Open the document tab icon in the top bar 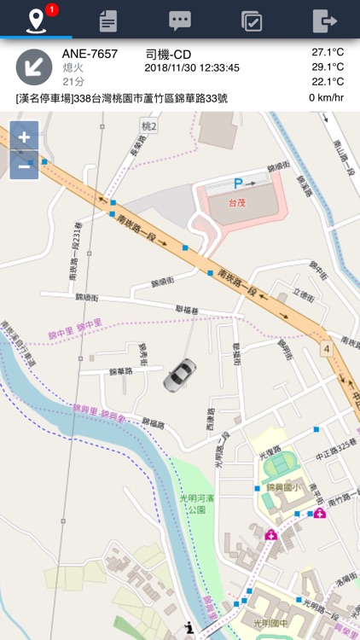tap(107, 20)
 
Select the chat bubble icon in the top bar tap(179, 20)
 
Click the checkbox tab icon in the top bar tap(252, 20)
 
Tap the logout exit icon tap(324, 20)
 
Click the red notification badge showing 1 tap(52, 9)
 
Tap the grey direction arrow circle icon tap(35, 67)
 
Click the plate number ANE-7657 tap(90, 53)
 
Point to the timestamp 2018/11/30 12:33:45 tap(192, 67)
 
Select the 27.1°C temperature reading tap(328, 52)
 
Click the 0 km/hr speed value tap(326, 97)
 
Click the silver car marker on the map tap(179, 375)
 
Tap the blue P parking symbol tap(239, 183)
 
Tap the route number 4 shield tap(326, 349)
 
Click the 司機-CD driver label tap(169, 53)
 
